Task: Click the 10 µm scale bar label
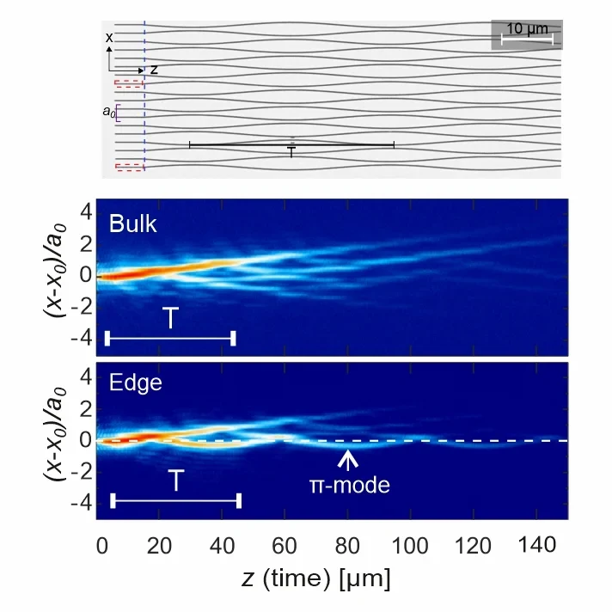527,28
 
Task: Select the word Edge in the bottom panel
135,382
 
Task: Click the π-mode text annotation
350,486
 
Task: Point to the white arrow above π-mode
347,459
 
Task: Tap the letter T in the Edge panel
175,480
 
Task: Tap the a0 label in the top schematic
107,112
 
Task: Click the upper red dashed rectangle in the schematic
129,84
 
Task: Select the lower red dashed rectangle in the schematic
129,167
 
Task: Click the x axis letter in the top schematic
109,38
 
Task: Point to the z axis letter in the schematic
153,69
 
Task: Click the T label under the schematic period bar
292,153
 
